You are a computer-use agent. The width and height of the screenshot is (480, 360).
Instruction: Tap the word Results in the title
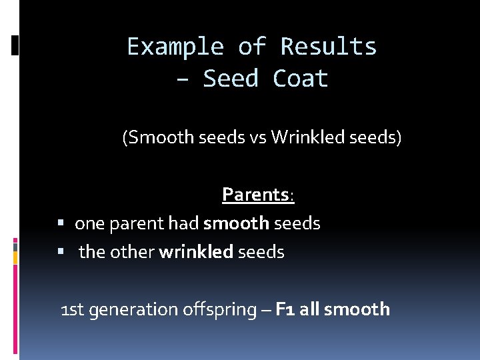pos(329,47)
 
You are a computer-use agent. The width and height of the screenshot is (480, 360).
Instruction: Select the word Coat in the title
pos(301,79)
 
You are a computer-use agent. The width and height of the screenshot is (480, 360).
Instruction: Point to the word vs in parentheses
pos(257,139)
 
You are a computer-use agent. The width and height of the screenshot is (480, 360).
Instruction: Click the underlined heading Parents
pos(255,195)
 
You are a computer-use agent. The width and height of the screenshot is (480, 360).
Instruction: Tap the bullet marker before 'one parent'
pos(61,223)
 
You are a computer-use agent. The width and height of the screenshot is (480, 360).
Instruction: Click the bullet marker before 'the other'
pos(61,252)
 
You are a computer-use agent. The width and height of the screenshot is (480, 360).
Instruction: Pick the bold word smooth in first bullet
pos(236,223)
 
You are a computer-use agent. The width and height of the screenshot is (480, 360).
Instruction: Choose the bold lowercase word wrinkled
pos(196,252)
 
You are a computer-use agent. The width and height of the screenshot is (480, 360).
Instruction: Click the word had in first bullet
pos(184,223)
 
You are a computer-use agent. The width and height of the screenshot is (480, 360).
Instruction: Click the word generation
pos(131,310)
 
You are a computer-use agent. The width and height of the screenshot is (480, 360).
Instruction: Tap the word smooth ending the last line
pos(358,309)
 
